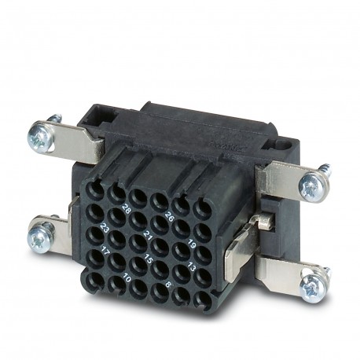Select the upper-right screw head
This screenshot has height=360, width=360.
pos(314,186)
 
